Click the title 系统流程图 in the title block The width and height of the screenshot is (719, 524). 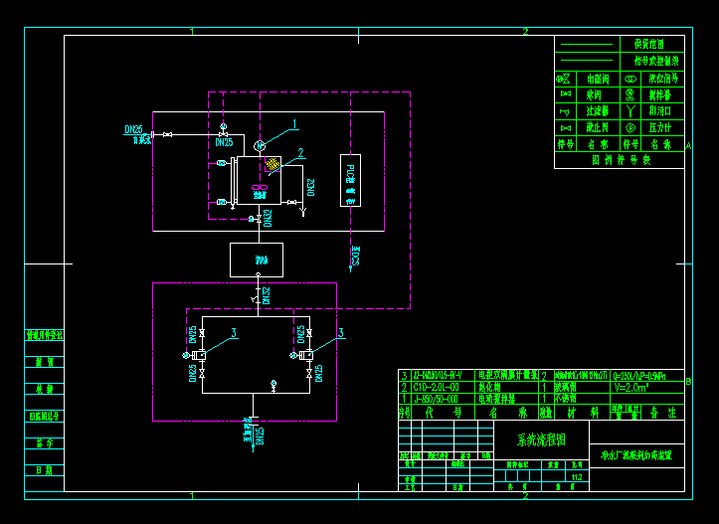(541, 438)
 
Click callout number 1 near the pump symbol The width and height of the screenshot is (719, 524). (295, 124)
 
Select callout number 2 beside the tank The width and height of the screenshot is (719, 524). (299, 154)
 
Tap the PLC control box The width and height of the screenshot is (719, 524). (349, 180)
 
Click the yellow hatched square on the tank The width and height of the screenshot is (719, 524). (273, 164)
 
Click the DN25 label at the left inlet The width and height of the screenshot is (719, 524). (133, 129)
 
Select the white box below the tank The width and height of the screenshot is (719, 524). (257, 260)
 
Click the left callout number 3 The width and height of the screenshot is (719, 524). (234, 332)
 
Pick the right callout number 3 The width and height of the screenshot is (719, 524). (340, 332)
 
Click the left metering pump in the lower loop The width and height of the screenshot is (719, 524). (201, 355)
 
